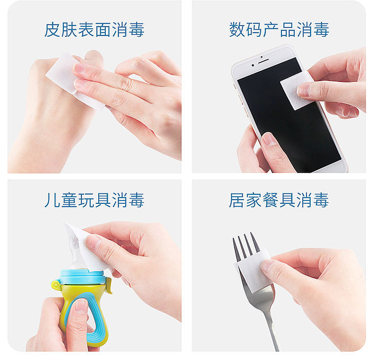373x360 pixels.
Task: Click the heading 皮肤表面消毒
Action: (x=94, y=30)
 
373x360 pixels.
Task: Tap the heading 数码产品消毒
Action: (x=279, y=30)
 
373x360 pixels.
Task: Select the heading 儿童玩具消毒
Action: (x=94, y=200)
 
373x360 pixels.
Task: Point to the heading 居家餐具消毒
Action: (x=279, y=200)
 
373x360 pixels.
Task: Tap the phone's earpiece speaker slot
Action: (x=263, y=61)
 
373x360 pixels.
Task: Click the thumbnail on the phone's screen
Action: (x=269, y=139)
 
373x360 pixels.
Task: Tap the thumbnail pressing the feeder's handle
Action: (x=81, y=306)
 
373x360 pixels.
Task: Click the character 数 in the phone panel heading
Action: (x=237, y=30)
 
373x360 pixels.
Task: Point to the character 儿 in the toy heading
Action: (x=52, y=200)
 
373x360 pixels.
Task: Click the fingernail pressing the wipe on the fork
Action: (x=267, y=266)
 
